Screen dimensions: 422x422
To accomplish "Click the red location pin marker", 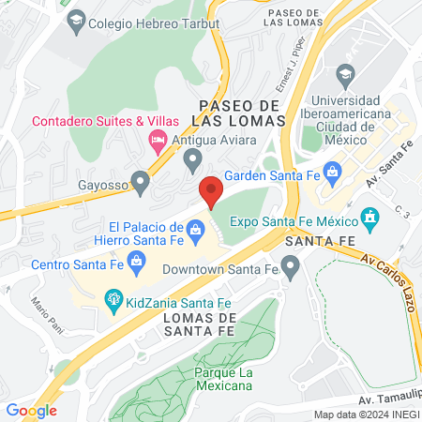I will [x=211, y=192].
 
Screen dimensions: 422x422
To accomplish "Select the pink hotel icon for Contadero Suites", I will [x=158, y=140].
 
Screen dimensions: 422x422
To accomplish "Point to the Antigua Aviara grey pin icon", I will [x=193, y=160].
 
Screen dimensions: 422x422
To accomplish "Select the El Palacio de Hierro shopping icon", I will [x=195, y=228].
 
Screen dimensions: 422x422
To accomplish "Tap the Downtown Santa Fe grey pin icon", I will [x=290, y=269].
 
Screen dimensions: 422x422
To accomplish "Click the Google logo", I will [x=31, y=410].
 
